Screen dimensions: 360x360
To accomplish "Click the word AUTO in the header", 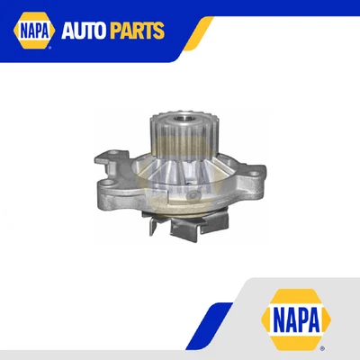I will click(85, 31).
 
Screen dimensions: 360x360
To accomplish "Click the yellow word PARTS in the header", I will click(138, 31).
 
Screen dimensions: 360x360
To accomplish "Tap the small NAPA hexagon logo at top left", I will click(31, 31).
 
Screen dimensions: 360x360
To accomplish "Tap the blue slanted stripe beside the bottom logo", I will click(208, 324).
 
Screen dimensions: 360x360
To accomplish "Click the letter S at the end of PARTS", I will click(159, 31).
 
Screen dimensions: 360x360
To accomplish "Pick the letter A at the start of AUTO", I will click(67, 31).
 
